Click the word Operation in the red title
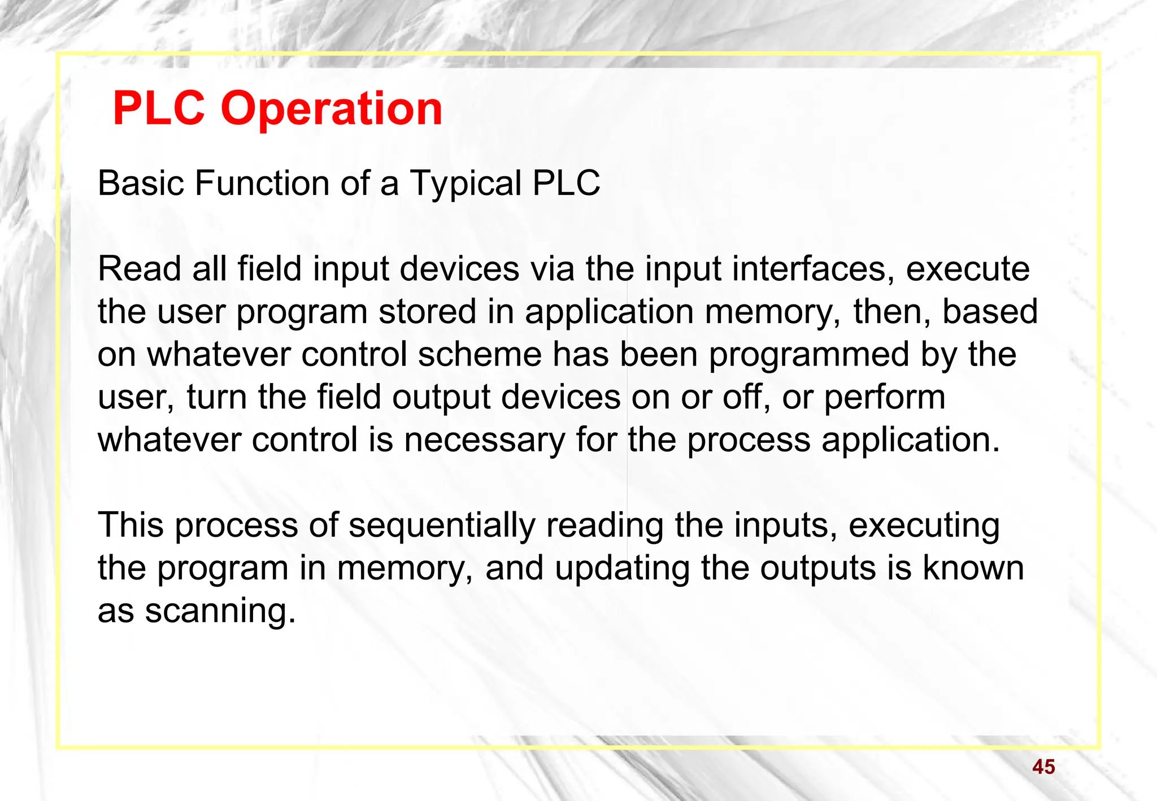point(331,109)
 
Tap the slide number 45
point(1043,767)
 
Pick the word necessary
point(484,441)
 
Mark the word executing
point(924,526)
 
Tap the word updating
point(621,568)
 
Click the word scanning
point(220,612)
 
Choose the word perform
point(884,398)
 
